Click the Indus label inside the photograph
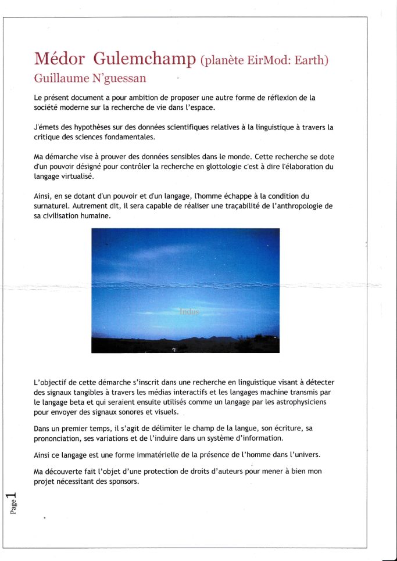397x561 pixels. point(189,311)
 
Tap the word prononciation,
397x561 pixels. point(61,438)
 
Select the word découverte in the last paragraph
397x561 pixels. point(66,471)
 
